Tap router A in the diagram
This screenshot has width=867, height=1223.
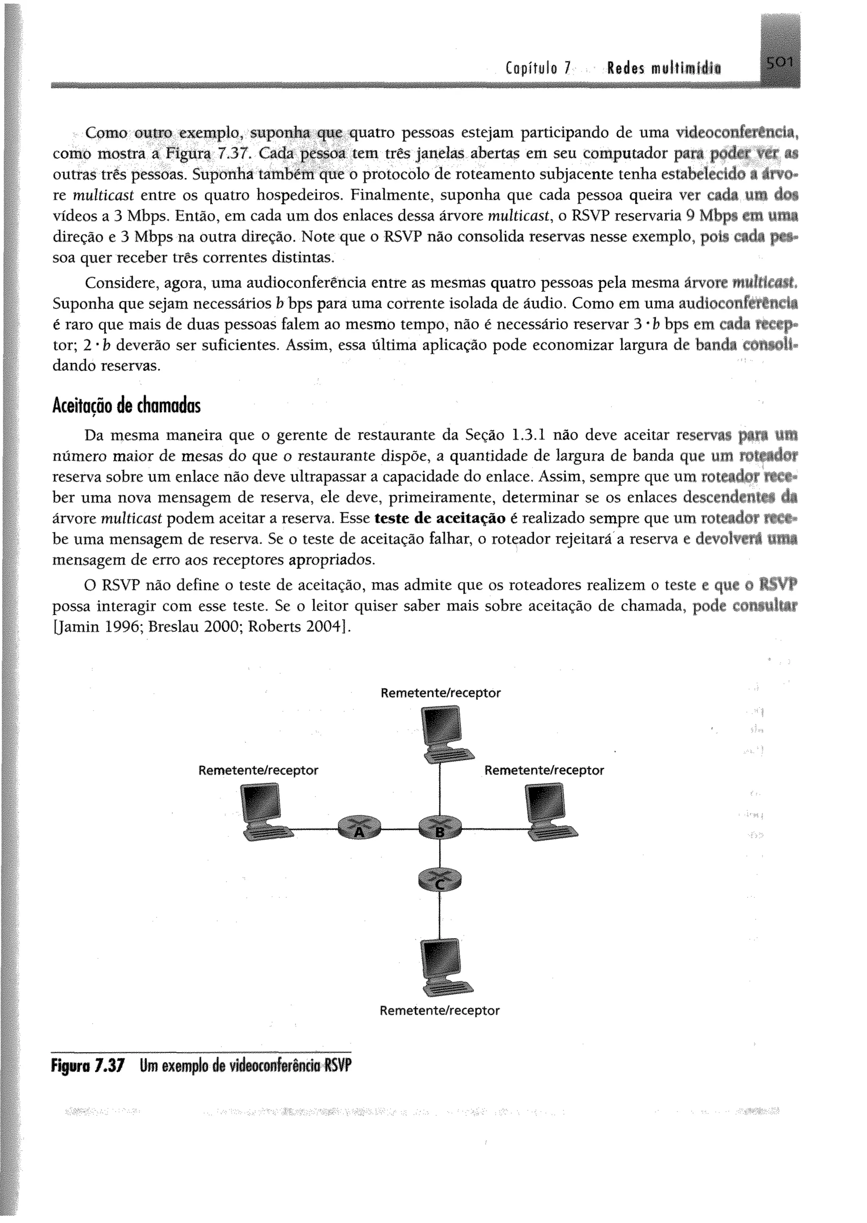(360, 828)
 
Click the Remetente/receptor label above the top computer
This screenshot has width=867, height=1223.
(440, 693)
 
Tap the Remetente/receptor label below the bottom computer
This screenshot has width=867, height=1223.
(439, 1010)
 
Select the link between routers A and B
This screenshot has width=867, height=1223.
(400, 829)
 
